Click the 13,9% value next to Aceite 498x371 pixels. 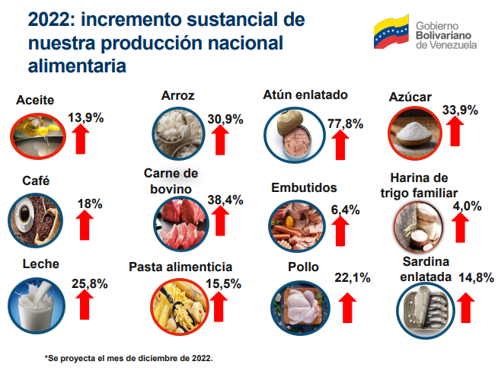(x=86, y=118)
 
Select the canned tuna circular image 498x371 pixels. (x=291, y=135)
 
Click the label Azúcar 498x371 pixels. (x=410, y=97)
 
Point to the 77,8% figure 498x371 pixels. (x=345, y=123)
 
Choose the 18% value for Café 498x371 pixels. (x=90, y=204)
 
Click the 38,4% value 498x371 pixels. (x=225, y=200)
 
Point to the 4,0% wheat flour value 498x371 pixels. (x=467, y=206)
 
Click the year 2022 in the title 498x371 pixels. (x=49, y=17)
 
